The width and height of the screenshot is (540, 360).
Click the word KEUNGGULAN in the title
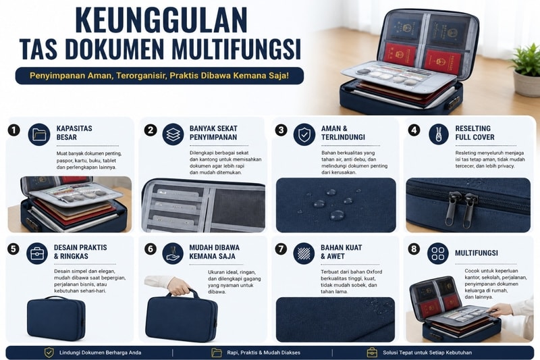point(161,20)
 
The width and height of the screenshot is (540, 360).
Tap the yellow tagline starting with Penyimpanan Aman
point(159,76)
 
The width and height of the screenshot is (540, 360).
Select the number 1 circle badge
point(13,130)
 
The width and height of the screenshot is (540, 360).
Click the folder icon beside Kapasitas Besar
point(39,134)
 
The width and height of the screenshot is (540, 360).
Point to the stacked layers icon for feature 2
point(173,134)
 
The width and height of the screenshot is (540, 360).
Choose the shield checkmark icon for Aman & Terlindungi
point(304,134)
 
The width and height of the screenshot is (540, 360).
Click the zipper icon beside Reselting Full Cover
point(438,134)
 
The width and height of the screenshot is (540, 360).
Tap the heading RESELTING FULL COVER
point(475,132)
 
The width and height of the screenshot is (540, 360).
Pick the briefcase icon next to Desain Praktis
point(37,253)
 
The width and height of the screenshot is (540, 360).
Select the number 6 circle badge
point(150,249)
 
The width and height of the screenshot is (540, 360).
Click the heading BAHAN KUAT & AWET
point(342,252)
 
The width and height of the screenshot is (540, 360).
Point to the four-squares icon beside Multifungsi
point(437,253)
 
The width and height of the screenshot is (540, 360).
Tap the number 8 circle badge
point(414,249)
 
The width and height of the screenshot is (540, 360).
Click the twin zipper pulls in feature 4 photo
point(460,209)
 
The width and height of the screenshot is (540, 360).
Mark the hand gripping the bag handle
point(178,286)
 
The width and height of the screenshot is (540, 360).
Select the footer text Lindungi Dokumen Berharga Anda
point(100,353)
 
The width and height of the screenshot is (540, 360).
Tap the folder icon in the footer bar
point(217,353)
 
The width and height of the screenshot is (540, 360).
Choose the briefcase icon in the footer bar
point(372,353)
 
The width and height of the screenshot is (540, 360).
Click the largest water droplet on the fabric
point(336,215)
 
